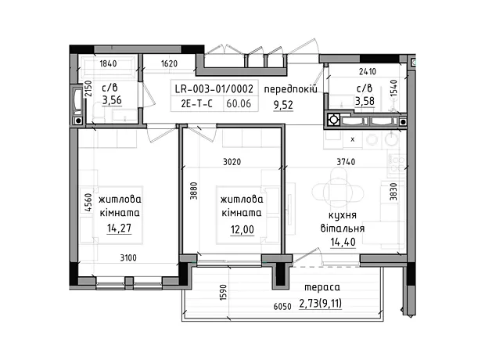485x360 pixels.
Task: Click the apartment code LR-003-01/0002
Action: pos(214,89)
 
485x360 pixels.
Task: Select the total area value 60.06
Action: pos(239,103)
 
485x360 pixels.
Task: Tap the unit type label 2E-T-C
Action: pos(196,103)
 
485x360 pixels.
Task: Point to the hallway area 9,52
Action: pos(283,105)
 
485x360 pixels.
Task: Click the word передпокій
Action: pos(290,89)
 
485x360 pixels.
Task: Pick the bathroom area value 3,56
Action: pos(112,100)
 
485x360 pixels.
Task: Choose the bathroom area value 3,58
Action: pos(365,101)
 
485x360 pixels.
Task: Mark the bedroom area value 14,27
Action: pos(119,229)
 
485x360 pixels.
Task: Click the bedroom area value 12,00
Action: pos(242,229)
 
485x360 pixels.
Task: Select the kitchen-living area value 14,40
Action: pos(343,242)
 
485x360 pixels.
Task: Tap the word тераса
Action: pos(322,287)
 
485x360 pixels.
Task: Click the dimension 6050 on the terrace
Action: pos(282,307)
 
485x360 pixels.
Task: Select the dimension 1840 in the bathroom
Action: pos(108,63)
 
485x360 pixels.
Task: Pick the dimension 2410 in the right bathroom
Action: pos(368,71)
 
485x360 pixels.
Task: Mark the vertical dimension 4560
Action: pos(88,203)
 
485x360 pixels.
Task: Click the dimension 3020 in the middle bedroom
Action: pos(232,161)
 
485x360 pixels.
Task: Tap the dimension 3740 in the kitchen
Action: pos(346,161)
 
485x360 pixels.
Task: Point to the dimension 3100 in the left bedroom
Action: pos(128,257)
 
